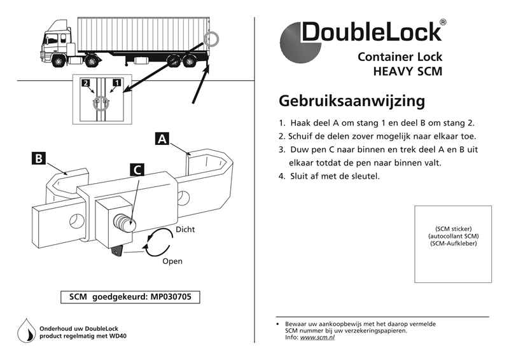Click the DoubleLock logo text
point(370,32)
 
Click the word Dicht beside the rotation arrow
point(185,229)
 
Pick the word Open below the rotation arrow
point(172,261)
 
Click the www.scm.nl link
point(317,337)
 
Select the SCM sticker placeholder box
point(453,244)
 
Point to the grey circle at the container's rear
point(213,39)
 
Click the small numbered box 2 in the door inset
point(86,82)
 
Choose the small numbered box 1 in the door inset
point(116,82)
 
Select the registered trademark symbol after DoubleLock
point(443,22)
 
